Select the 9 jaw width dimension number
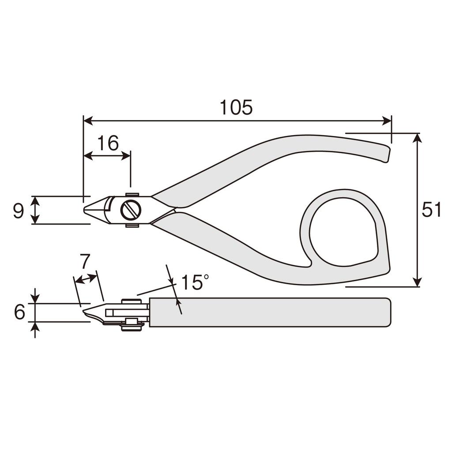tap(18, 211)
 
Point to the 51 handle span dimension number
tap(431, 210)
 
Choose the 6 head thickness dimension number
tap(19, 313)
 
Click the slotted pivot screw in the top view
tap(131, 210)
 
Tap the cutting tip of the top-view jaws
tap(85, 209)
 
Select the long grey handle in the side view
tap(269, 313)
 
